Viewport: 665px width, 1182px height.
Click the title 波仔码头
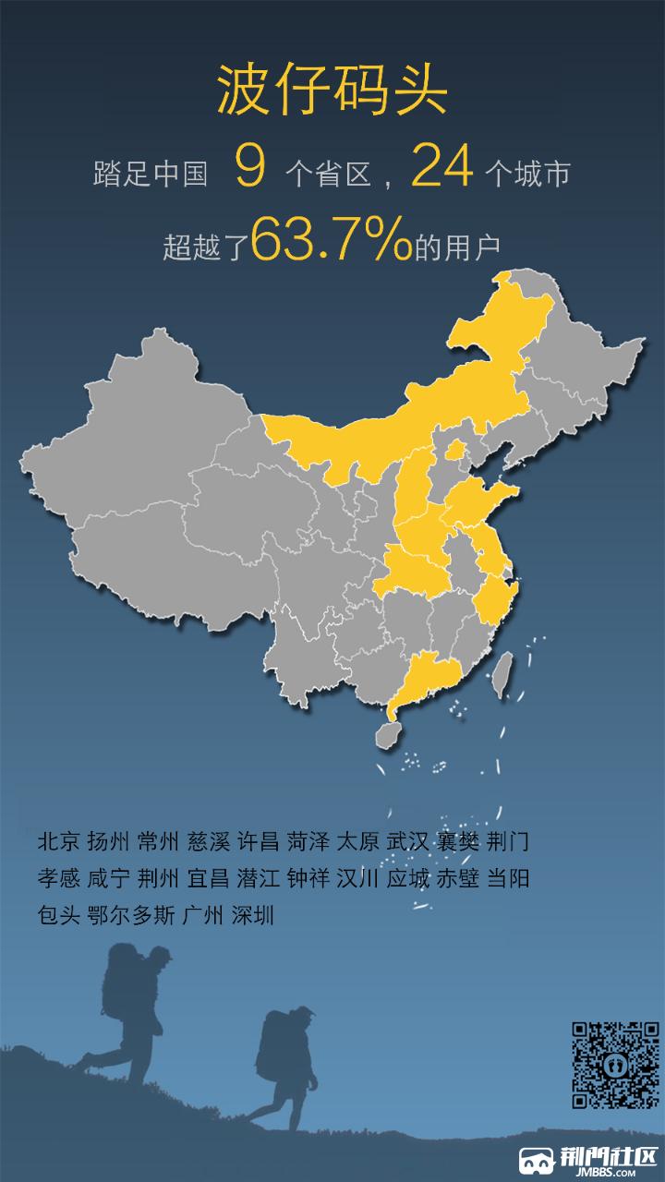pyautogui.click(x=332, y=91)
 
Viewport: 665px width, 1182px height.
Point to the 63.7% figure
pyautogui.click(x=331, y=240)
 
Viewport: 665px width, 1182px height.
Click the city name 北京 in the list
pyautogui.click(x=59, y=841)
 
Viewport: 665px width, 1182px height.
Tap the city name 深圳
pyautogui.click(x=253, y=915)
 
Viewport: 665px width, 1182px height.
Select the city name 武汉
pyautogui.click(x=407, y=841)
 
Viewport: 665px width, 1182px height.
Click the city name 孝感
pyautogui.click(x=59, y=878)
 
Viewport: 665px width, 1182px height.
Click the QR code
pyautogui.click(x=615, y=1065)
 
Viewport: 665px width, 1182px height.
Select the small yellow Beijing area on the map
pyautogui.click(x=455, y=451)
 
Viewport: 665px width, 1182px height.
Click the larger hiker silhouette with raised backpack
pyautogui.click(x=129, y=1007)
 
